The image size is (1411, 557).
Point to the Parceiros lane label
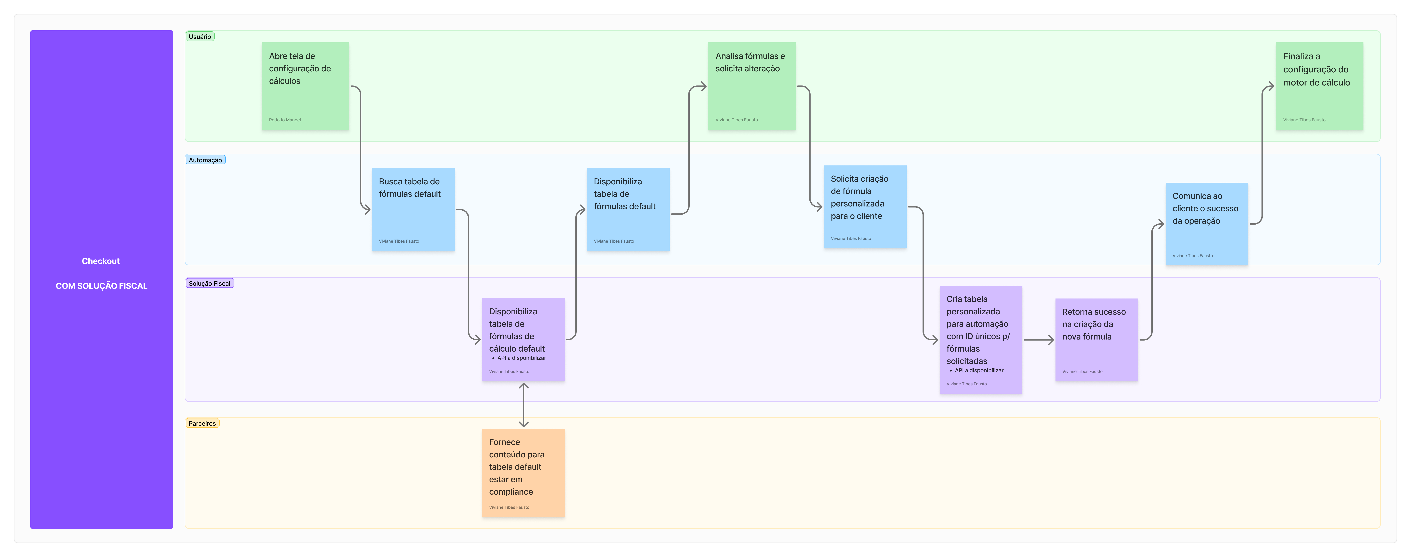pyautogui.click(x=202, y=423)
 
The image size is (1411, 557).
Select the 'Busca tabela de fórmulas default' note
pyautogui.click(x=413, y=209)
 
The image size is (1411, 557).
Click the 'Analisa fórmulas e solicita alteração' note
pyautogui.click(x=751, y=86)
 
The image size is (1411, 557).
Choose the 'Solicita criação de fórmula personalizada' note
pyautogui.click(x=865, y=207)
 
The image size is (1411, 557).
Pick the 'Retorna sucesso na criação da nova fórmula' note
pyautogui.click(x=1097, y=340)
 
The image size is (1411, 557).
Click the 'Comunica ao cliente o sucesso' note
pyautogui.click(x=1207, y=224)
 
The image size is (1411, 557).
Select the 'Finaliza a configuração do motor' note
pyautogui.click(x=1320, y=86)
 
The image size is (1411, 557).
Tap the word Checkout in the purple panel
pyautogui.click(x=101, y=261)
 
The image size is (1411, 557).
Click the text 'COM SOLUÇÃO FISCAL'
pyautogui.click(x=101, y=286)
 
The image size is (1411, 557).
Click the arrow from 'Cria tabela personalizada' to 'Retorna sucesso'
pyautogui.click(x=1039, y=340)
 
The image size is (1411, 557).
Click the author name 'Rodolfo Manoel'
pyautogui.click(x=285, y=119)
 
